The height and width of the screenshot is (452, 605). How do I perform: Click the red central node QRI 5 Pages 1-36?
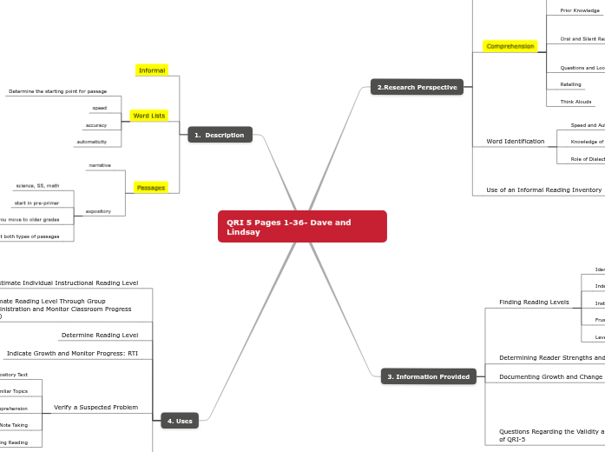(301, 227)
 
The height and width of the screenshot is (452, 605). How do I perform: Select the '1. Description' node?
(220, 135)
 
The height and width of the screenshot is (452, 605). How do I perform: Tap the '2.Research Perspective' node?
(417, 87)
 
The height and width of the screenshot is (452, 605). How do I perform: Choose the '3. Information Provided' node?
(428, 376)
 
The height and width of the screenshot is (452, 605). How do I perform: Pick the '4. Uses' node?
(180, 421)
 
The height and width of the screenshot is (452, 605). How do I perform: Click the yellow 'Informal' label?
(152, 70)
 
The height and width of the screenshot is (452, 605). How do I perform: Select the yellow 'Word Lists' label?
(149, 116)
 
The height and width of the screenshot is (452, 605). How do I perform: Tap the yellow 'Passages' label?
(151, 188)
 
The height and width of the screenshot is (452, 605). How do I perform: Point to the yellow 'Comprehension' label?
(510, 46)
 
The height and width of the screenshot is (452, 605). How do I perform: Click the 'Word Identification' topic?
(516, 141)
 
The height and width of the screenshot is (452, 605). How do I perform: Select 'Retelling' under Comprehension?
(570, 84)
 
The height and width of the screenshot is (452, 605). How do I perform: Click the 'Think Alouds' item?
(575, 102)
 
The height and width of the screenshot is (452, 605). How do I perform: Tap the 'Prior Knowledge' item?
(580, 10)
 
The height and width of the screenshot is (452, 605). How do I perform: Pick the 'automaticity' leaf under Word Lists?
(91, 142)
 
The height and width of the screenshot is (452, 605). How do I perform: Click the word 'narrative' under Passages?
(99, 165)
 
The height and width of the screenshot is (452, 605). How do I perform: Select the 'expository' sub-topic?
(98, 211)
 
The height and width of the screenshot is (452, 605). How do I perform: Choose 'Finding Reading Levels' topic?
(534, 302)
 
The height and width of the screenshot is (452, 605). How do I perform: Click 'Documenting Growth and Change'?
(550, 377)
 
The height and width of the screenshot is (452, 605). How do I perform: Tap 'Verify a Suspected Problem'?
(95, 407)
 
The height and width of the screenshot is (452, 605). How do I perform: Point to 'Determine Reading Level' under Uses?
(99, 335)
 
